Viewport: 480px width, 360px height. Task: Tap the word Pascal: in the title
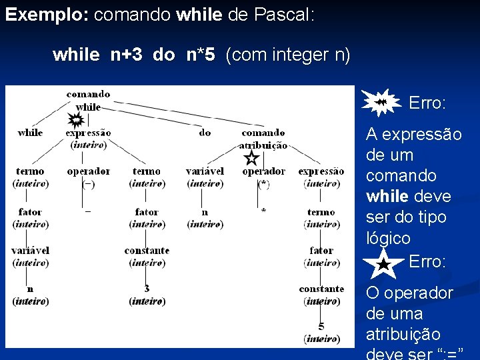coord(285,15)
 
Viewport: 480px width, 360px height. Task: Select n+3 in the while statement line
coord(126,55)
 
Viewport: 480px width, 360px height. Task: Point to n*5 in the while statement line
coord(201,55)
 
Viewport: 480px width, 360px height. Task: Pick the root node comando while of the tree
coord(89,101)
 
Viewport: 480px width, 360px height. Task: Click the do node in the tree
coord(205,133)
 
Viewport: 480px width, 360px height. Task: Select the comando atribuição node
coord(264,139)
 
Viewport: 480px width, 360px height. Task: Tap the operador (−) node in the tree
coord(88,177)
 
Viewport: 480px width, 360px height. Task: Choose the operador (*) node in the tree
coord(264,177)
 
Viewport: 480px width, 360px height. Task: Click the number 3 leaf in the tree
coord(147,289)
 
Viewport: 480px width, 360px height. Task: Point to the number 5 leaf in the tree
coord(321,327)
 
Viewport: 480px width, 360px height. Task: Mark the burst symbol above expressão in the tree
coord(75,120)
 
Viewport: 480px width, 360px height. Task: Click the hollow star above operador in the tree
coord(251,158)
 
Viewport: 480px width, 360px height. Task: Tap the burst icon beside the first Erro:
coord(381,102)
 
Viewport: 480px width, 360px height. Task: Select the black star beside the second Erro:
coord(383,264)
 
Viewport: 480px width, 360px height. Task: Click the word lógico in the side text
coord(388,238)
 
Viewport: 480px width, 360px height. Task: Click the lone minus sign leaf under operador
coord(88,211)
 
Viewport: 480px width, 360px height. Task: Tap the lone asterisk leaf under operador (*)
coord(264,211)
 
